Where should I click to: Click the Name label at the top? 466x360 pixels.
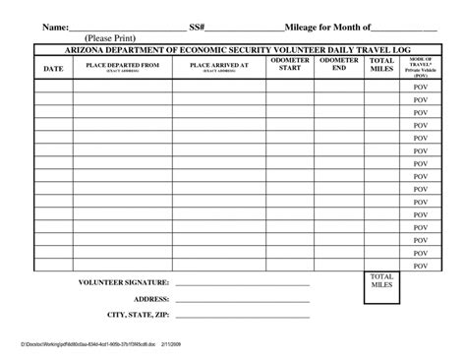(x=54, y=27)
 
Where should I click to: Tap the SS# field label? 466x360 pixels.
(x=198, y=27)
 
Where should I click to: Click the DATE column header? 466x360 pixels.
(x=54, y=68)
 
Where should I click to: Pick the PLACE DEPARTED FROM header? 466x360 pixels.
(x=123, y=66)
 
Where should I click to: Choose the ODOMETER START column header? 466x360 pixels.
(x=290, y=65)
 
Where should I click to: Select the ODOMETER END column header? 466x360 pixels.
(x=339, y=65)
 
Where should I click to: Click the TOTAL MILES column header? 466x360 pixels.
(x=381, y=65)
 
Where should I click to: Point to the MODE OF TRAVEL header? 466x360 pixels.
(x=421, y=67)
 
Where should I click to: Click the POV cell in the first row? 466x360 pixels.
(x=421, y=87)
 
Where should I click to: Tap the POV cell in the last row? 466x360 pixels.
(x=421, y=266)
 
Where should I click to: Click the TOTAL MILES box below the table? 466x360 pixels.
(x=381, y=281)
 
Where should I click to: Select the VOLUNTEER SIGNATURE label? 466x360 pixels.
(x=124, y=282)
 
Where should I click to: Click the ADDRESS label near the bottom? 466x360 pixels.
(x=151, y=299)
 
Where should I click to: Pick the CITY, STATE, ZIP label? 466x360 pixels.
(x=139, y=315)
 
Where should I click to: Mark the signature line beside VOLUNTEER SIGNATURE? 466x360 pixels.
(x=242, y=285)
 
